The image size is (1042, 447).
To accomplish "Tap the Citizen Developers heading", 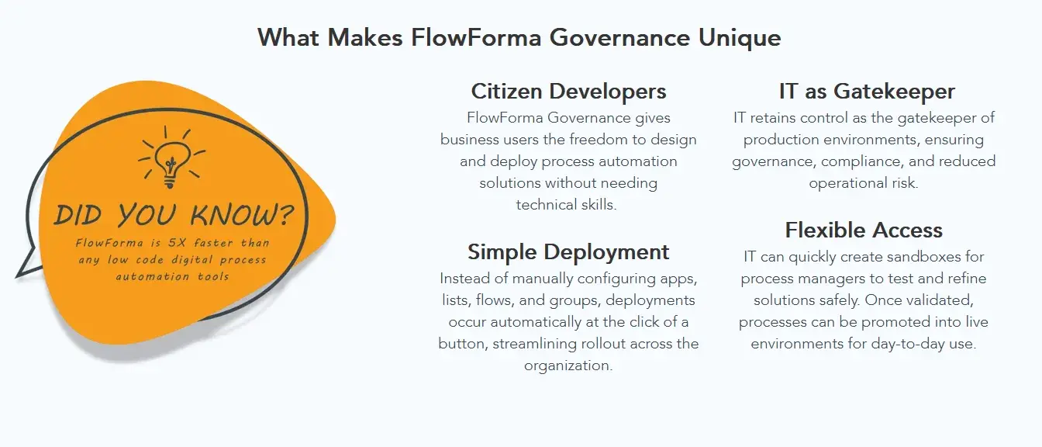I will point(568,92).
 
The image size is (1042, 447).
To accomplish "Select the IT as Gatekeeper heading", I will point(867,92).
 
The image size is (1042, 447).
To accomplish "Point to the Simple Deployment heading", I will point(568,252).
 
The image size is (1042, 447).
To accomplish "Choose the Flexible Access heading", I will point(864,230).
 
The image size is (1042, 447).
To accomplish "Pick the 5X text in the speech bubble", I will point(178,243).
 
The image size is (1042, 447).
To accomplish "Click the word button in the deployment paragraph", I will point(462,344).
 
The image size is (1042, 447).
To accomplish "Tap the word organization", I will point(568,366).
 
